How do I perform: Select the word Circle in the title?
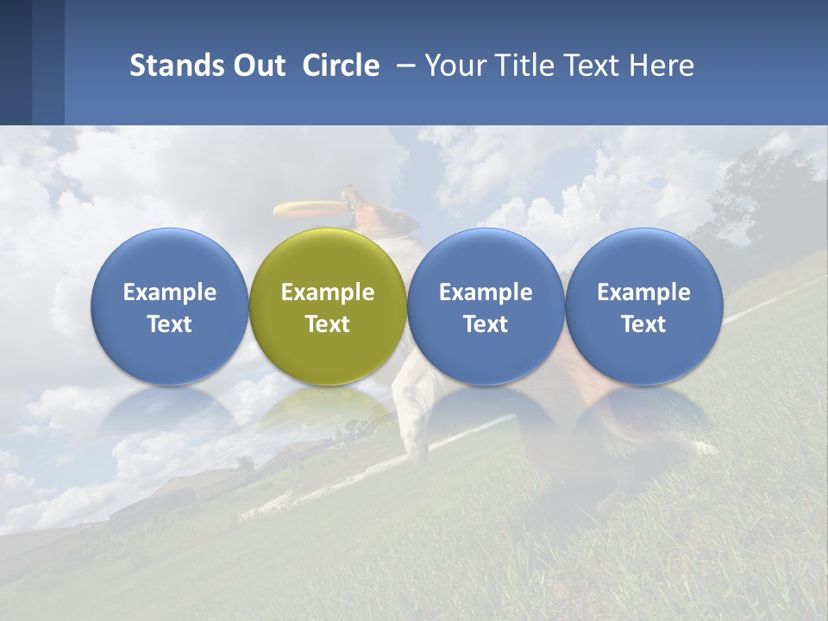tap(341, 66)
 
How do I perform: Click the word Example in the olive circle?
tap(328, 292)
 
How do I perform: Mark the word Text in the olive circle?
tap(328, 324)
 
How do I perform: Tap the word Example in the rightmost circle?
tap(643, 292)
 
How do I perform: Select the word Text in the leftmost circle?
tap(169, 324)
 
